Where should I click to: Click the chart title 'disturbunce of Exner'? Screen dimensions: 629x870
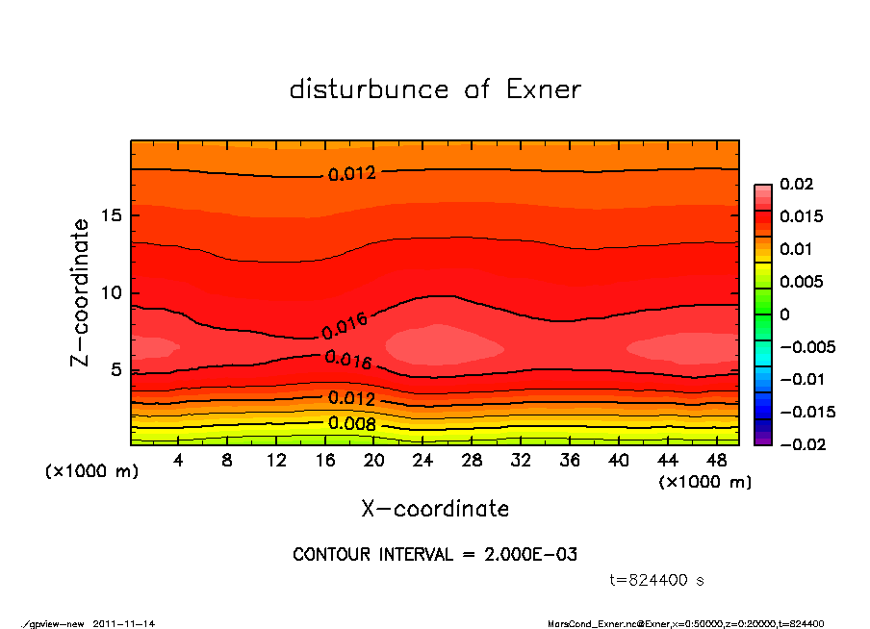(x=435, y=89)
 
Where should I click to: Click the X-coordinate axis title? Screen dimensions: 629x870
(x=435, y=509)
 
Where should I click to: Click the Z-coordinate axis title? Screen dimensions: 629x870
(x=81, y=292)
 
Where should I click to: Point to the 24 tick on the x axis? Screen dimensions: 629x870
(x=423, y=461)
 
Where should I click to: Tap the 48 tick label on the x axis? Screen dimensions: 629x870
(x=716, y=461)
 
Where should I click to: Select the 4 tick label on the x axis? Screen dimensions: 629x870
(x=179, y=461)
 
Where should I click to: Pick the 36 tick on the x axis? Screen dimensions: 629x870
(x=570, y=461)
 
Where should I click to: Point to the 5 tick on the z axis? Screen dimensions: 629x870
(x=115, y=369)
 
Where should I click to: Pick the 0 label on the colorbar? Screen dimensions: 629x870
(x=784, y=314)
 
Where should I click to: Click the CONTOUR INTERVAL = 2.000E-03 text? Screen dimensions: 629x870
(x=435, y=555)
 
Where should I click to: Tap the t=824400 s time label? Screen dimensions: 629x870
(x=657, y=580)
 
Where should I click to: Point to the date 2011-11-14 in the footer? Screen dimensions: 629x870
(x=124, y=623)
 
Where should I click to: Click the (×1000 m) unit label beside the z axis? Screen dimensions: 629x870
(x=88, y=472)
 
